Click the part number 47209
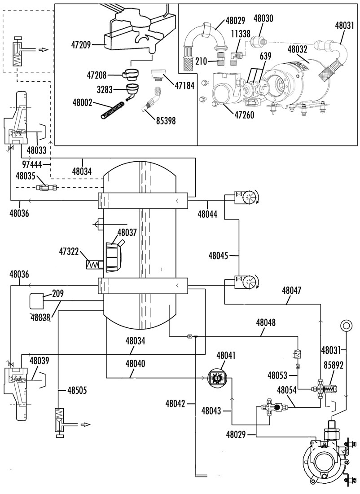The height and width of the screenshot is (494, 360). point(81,45)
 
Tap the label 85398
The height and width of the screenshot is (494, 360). point(166,121)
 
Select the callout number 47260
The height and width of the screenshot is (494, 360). point(244,115)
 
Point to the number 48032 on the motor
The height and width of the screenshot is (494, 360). point(297,49)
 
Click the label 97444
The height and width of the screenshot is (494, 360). point(32,164)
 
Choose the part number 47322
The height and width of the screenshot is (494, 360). point(69,252)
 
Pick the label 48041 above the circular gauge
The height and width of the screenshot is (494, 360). point(226,355)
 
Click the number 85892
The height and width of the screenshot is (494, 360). point(334,366)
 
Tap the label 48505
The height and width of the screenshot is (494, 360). point(77,391)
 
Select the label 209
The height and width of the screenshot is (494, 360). point(58,294)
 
